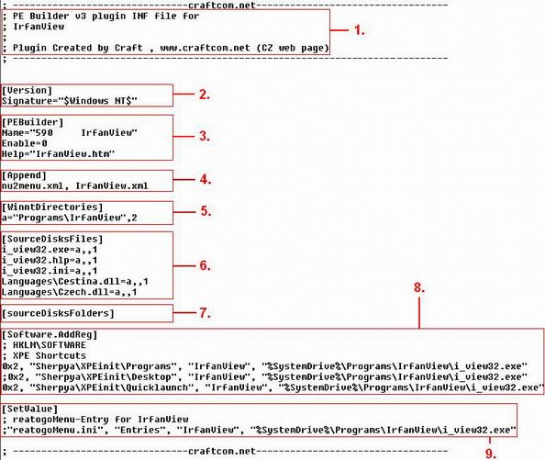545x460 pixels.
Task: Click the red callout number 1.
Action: (360, 30)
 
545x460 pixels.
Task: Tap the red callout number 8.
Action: (419, 287)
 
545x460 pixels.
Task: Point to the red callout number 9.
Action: (491, 454)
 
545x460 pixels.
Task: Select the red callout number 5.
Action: (206, 211)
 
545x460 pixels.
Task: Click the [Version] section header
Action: (27, 90)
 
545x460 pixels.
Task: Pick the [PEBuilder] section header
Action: (33, 122)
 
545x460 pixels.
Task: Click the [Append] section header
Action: (24, 175)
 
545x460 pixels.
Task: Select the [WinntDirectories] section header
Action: (52, 208)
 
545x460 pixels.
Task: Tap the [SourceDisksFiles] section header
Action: (52, 240)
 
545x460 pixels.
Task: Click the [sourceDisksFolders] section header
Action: (58, 313)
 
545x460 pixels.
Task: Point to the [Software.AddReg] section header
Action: (50, 334)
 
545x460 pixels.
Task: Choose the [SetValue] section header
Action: (29, 409)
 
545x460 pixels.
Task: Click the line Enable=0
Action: (25, 143)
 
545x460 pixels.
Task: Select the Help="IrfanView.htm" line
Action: (58, 153)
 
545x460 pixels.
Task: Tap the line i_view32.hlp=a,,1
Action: (50, 261)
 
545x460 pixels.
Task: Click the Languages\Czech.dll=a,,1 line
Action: (69, 292)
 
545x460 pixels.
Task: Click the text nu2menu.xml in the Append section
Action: (33, 186)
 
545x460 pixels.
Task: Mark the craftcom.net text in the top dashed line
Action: (222, 6)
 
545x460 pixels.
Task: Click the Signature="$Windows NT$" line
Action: (70, 101)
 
